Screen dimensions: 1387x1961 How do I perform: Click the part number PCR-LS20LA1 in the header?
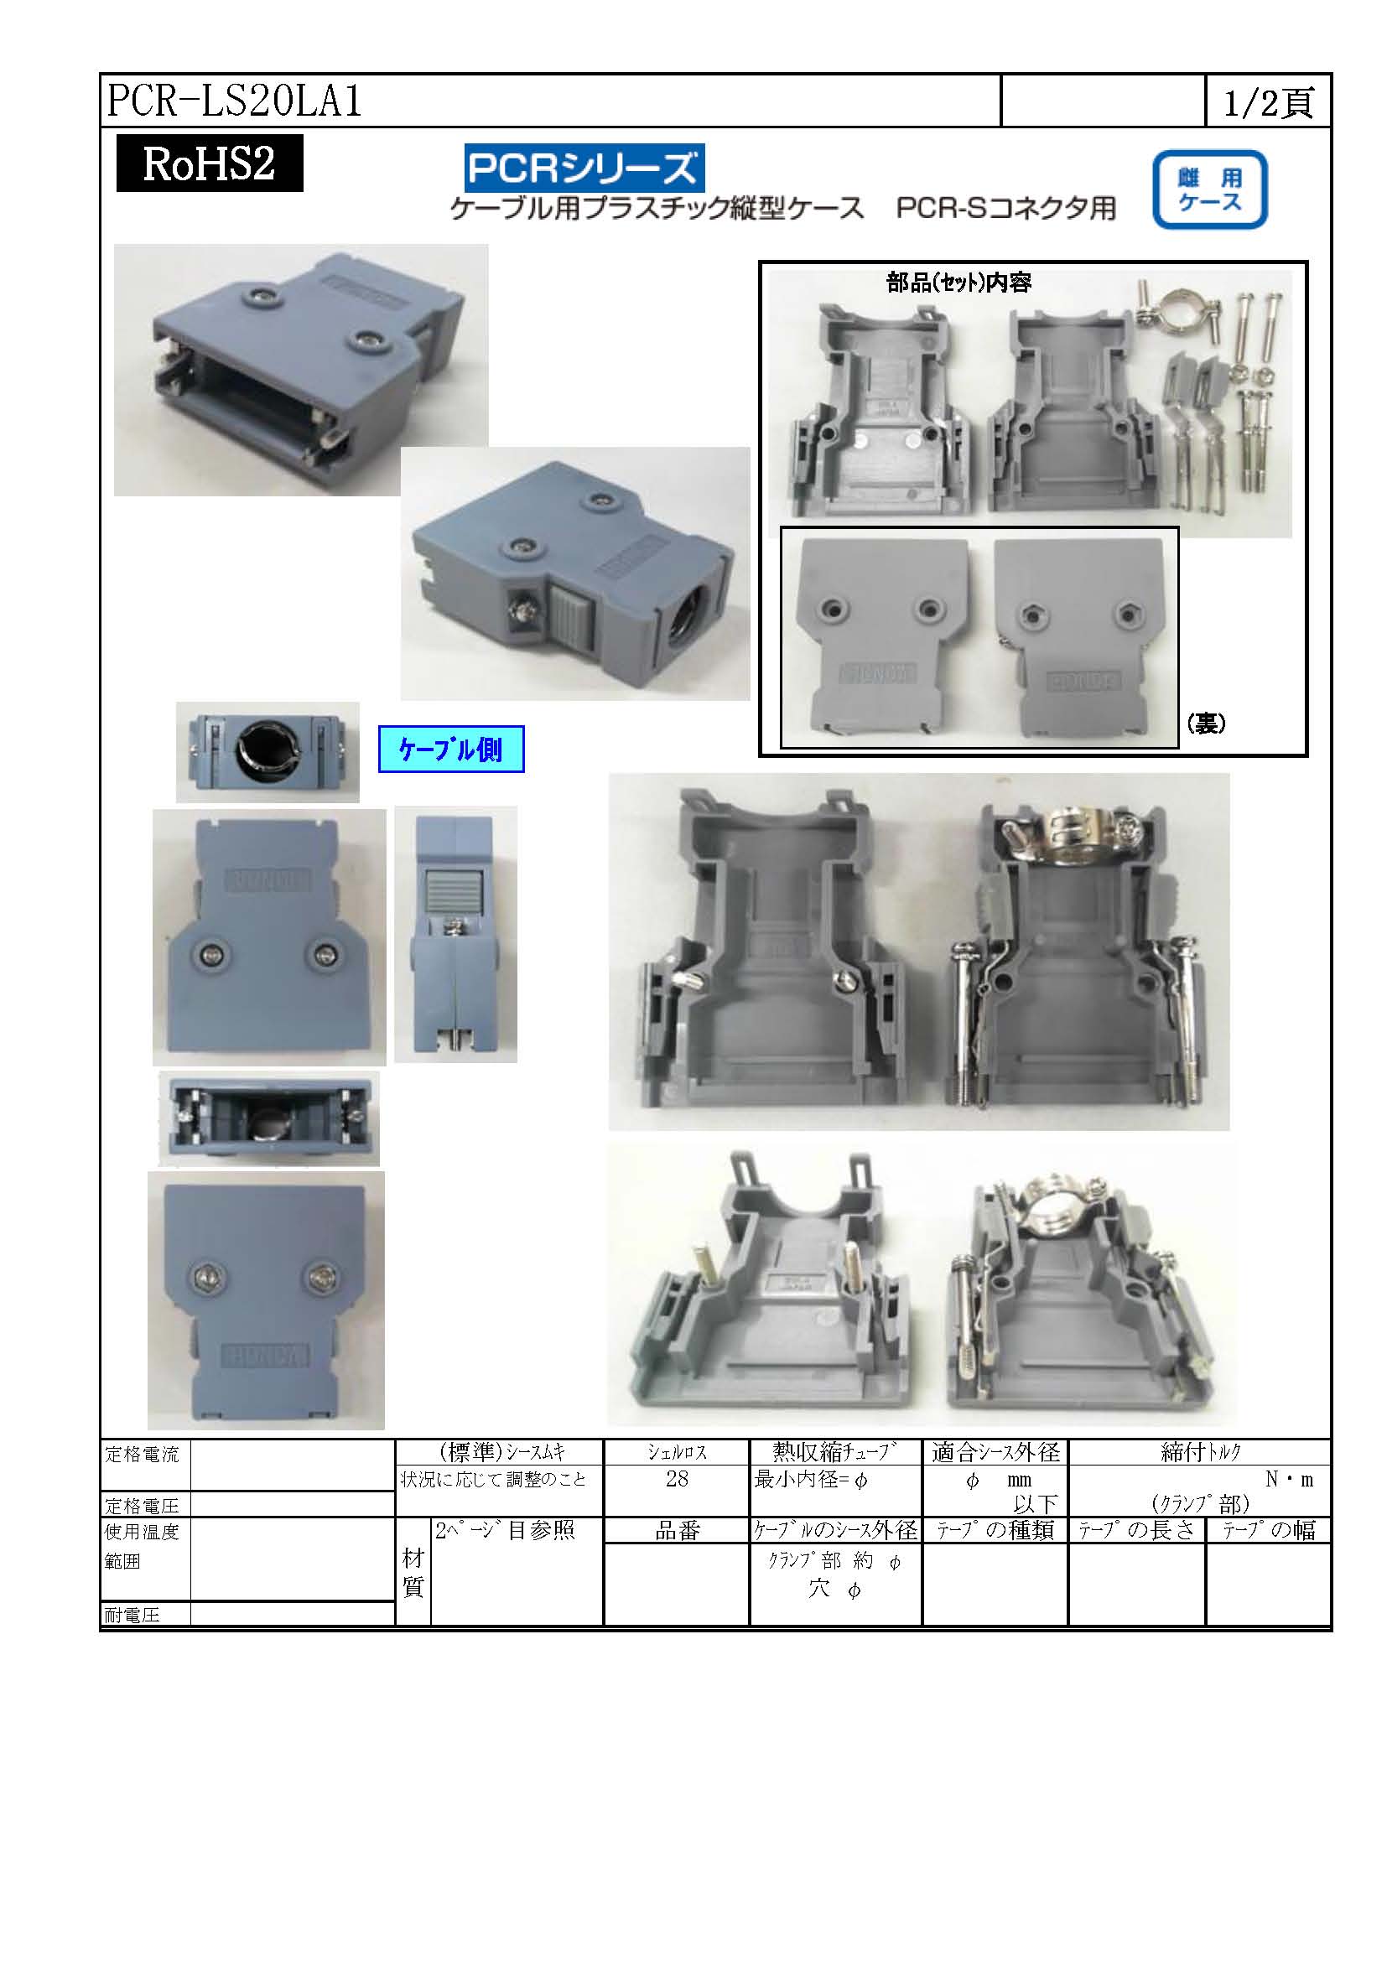[235, 101]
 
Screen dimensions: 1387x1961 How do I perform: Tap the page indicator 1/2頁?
[1268, 102]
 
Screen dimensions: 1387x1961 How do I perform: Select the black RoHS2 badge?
[210, 163]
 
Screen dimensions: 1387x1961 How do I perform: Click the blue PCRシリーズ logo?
[584, 168]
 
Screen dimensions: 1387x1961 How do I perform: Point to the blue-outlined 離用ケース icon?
[1209, 189]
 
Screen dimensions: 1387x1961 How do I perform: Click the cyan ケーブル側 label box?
[451, 749]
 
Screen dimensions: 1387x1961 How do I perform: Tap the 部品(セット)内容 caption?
[958, 283]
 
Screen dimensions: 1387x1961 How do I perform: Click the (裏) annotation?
[1206, 724]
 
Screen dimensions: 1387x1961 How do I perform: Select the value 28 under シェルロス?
[677, 1479]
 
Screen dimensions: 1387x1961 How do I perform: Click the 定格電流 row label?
[142, 1455]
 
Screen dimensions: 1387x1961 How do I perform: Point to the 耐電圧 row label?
[132, 1615]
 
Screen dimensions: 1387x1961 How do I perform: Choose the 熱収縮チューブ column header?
[835, 1452]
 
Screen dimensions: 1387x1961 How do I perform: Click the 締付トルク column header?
[1200, 1452]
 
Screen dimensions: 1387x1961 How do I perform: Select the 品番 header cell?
[678, 1531]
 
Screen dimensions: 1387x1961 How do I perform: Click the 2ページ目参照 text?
[505, 1530]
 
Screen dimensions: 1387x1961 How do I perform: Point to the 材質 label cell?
[413, 1572]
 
